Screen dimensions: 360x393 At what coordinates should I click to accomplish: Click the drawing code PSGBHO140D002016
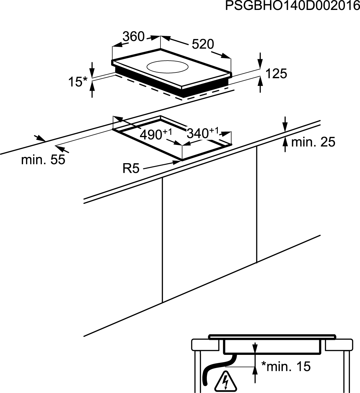(292, 6)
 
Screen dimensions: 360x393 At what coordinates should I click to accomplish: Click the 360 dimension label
(134, 36)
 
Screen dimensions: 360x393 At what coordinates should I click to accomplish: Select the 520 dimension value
(203, 44)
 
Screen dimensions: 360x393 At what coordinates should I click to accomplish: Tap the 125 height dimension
(276, 74)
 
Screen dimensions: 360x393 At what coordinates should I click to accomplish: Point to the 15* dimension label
(78, 82)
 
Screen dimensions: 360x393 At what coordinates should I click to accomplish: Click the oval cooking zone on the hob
(168, 66)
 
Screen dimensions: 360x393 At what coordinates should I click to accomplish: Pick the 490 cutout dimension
(156, 134)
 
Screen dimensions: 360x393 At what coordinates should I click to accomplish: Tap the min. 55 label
(43, 160)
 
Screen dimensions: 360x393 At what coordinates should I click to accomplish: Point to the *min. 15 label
(286, 366)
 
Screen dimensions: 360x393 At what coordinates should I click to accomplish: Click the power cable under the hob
(217, 368)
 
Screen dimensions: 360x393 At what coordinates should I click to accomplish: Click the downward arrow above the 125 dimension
(260, 61)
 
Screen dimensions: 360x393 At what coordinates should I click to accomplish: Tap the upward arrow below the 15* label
(92, 89)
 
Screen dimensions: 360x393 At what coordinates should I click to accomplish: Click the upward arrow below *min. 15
(255, 377)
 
